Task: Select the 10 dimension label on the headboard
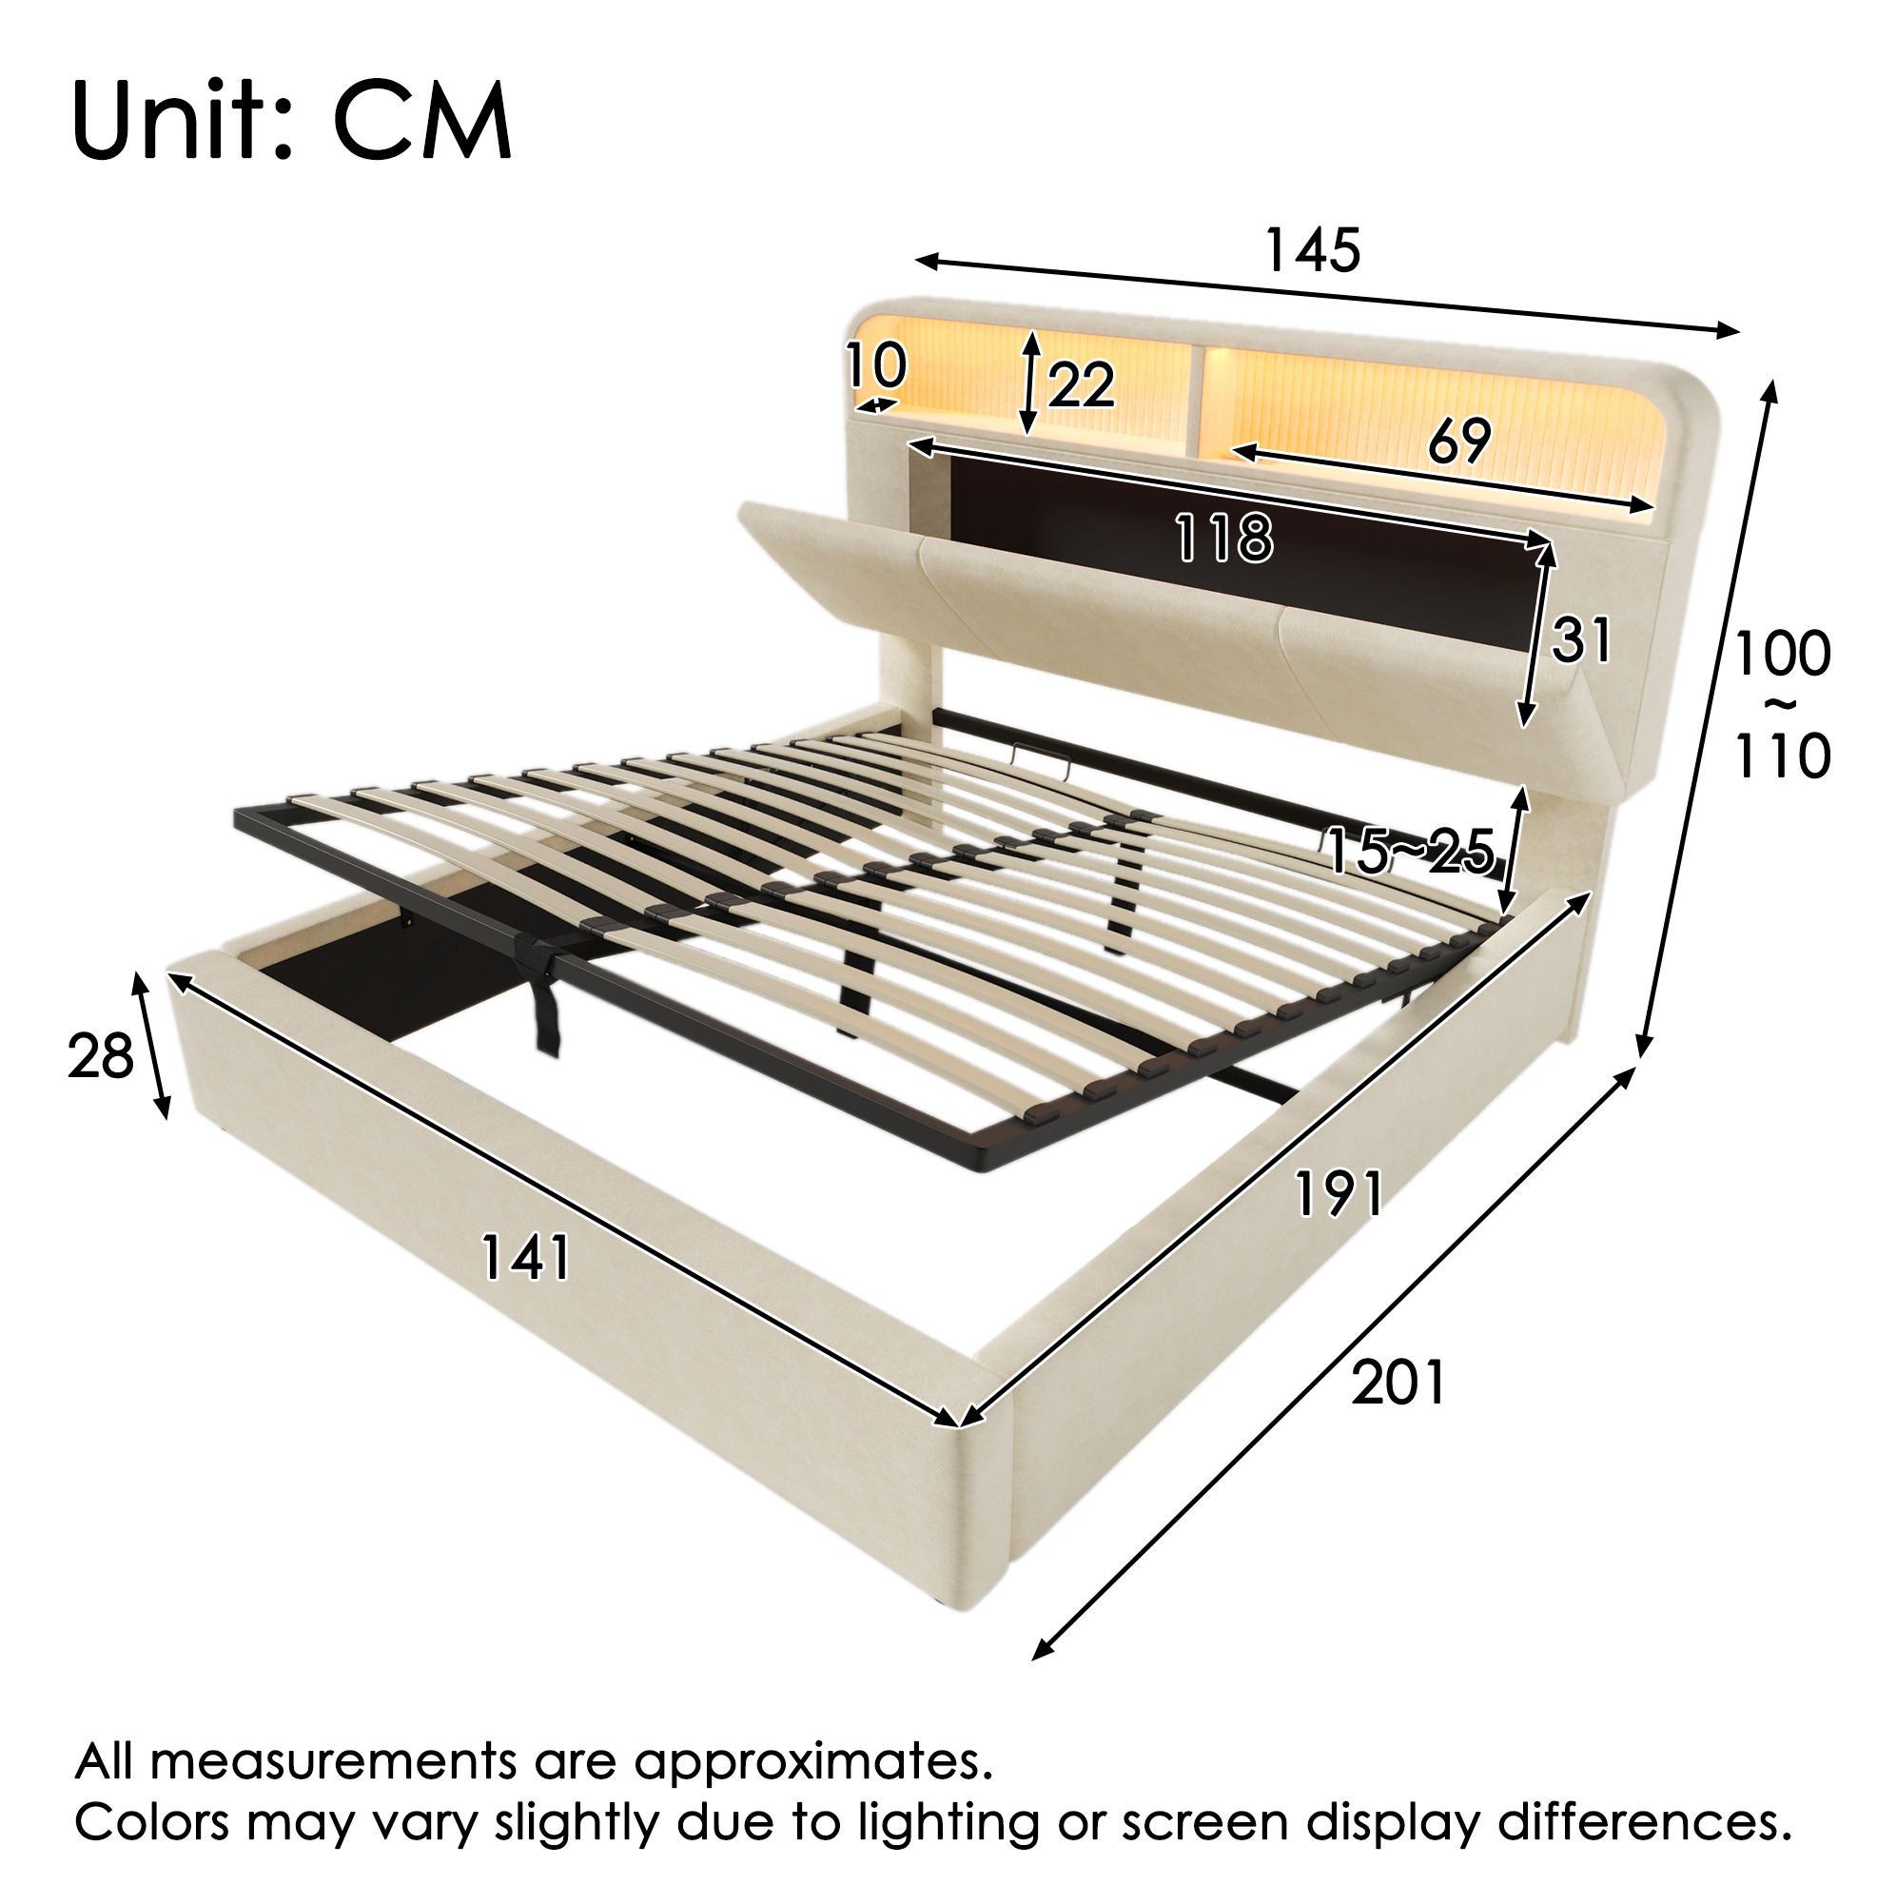click(x=876, y=366)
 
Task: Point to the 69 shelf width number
click(x=1460, y=441)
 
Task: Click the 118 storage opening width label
click(x=1225, y=538)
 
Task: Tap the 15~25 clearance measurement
click(x=1411, y=850)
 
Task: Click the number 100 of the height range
click(x=1783, y=654)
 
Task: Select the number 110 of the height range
click(x=1783, y=756)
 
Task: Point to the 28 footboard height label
click(x=101, y=1056)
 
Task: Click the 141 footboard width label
click(x=526, y=1257)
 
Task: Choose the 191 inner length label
click(x=1339, y=1193)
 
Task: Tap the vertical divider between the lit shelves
click(x=1196, y=400)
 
